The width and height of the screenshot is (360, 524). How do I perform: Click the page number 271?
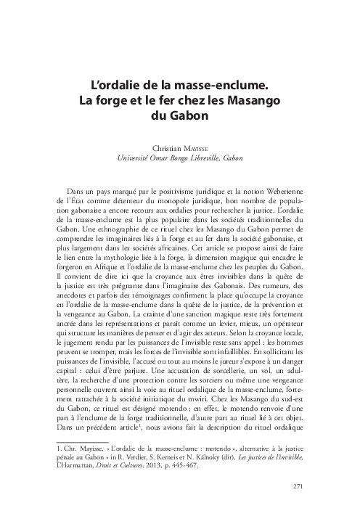[297, 486]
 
